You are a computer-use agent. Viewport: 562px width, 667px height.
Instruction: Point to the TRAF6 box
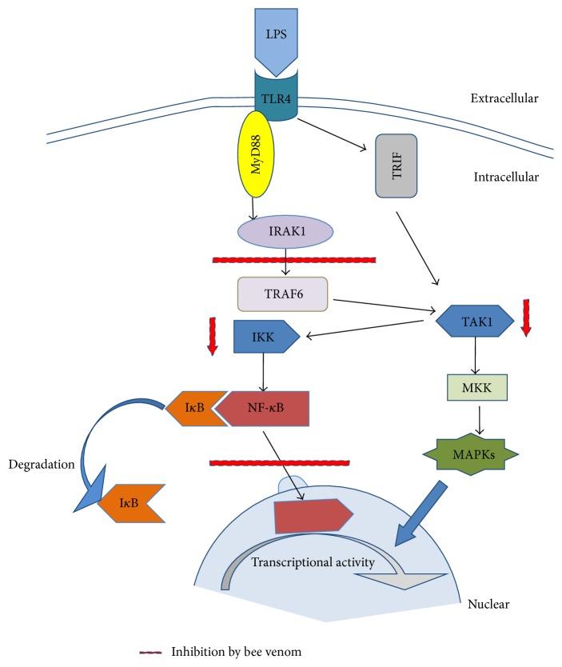click(x=282, y=294)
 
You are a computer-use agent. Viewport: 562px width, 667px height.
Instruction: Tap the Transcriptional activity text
click(x=313, y=562)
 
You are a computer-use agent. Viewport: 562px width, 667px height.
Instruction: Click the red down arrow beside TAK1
click(x=525, y=318)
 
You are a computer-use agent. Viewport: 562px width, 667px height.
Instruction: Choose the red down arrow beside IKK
click(x=212, y=335)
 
